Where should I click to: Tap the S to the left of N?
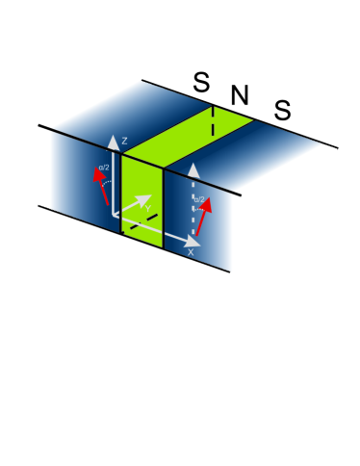point(200,83)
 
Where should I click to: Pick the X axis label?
point(191,251)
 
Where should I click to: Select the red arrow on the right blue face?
point(204,215)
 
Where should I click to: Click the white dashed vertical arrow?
point(194,207)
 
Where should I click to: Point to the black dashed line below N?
point(214,122)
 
